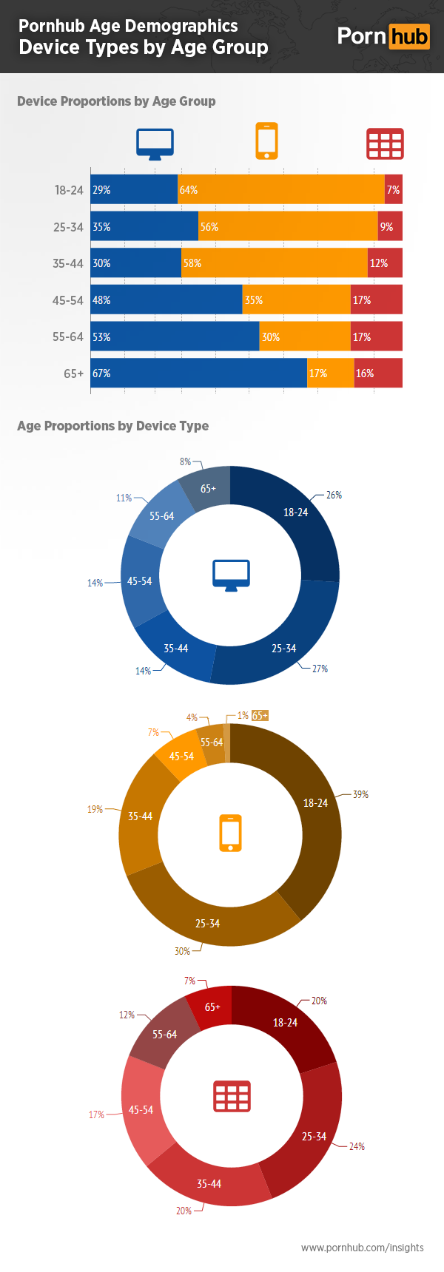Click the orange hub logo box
click(409, 36)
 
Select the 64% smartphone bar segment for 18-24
click(281, 190)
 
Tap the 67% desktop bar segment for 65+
click(198, 373)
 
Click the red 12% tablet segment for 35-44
click(385, 263)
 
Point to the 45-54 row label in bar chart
click(68, 300)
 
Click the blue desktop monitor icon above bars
click(155, 143)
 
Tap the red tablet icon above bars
click(385, 143)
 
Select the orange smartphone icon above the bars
click(266, 141)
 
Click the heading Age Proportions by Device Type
click(112, 426)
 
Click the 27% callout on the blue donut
click(320, 669)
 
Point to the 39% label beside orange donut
click(360, 794)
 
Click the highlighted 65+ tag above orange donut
click(260, 716)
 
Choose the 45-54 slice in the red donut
click(141, 1110)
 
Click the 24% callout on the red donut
click(357, 1146)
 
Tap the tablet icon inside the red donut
click(232, 1096)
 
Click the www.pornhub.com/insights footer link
click(362, 1248)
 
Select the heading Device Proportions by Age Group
click(116, 101)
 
